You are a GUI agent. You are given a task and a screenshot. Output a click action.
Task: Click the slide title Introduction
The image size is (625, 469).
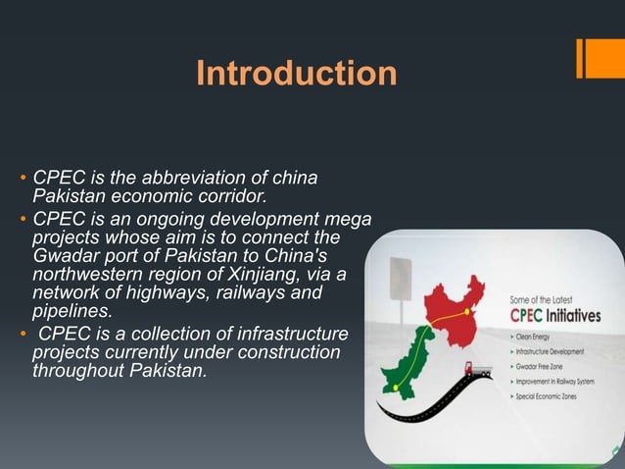coord(296,74)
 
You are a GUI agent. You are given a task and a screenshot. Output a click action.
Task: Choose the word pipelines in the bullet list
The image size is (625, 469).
coord(72,311)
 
